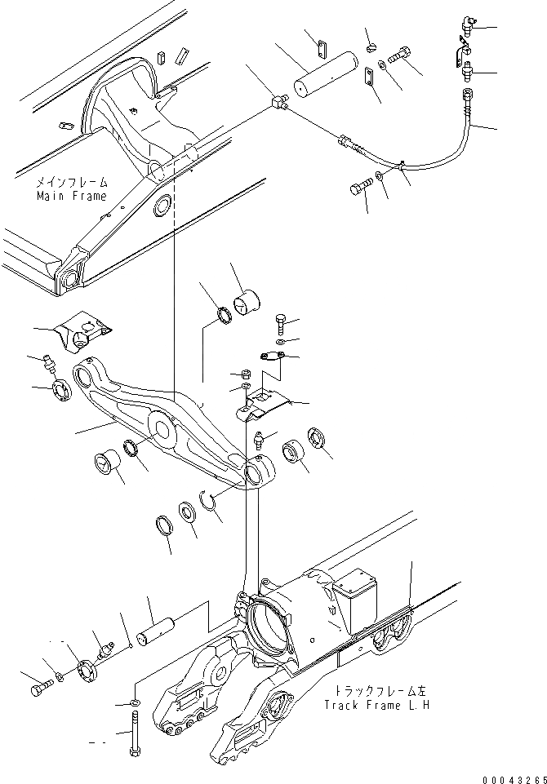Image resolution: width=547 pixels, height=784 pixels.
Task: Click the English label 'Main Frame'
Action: [72, 196]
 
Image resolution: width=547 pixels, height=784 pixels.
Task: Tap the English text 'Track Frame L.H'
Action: [375, 705]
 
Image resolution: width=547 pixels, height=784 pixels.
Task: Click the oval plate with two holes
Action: [270, 357]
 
